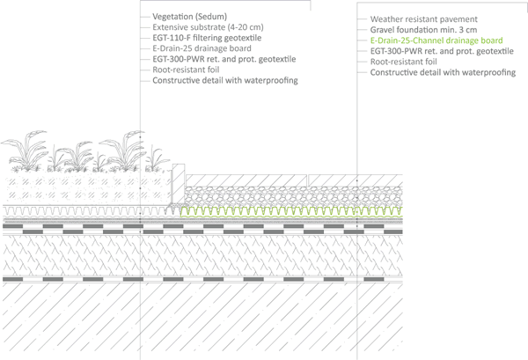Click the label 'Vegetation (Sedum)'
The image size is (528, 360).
coord(188,18)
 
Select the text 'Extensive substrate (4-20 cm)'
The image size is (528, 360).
coord(206,28)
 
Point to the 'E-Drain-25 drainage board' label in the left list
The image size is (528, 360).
coord(201,49)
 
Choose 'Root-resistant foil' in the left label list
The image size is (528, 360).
coord(185,70)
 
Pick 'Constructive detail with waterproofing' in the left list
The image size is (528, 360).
coord(224,81)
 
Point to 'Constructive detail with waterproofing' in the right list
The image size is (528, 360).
coord(443,72)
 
